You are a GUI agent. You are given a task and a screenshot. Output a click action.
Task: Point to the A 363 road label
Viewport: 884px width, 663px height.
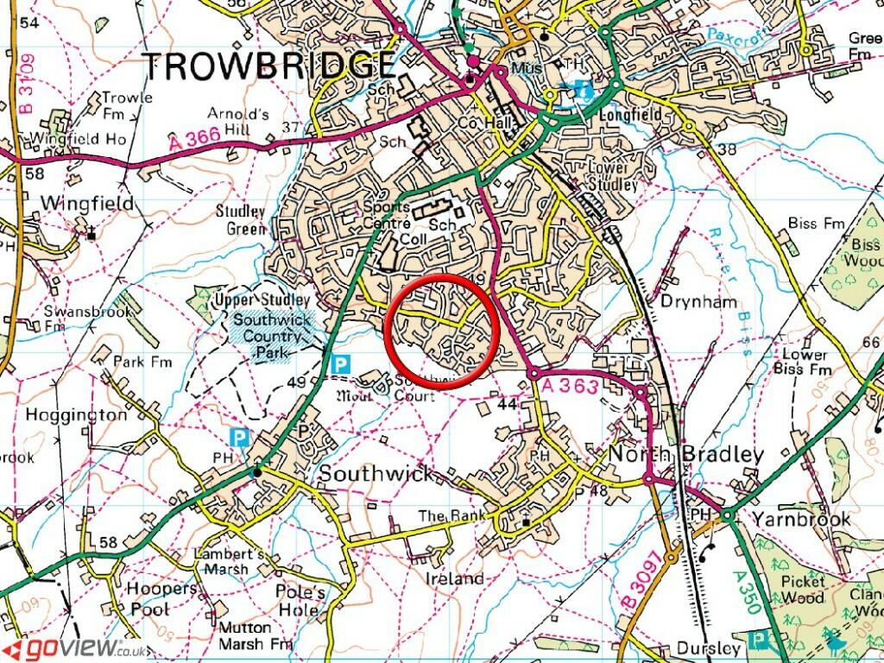pos(571,386)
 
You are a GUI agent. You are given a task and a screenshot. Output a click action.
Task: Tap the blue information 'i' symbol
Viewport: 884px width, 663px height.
pos(584,90)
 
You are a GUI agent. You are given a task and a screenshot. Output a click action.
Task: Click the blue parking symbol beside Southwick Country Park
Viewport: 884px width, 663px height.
pos(341,364)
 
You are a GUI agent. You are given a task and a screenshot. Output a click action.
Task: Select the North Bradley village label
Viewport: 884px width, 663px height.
pos(686,455)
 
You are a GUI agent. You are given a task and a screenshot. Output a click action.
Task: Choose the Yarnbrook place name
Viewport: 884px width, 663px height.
pos(800,519)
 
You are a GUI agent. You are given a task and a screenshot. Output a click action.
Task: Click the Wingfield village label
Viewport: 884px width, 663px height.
pos(87,204)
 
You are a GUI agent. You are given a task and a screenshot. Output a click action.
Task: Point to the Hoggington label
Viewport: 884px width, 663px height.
pos(75,415)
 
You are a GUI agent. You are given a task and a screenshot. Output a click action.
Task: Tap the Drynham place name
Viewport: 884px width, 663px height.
pos(698,301)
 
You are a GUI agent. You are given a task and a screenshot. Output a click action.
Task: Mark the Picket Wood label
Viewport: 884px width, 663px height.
pos(803,589)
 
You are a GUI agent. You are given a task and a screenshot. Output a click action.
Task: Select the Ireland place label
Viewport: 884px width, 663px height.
pos(454,578)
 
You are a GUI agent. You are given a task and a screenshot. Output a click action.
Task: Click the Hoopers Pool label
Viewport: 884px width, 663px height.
pos(161,597)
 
